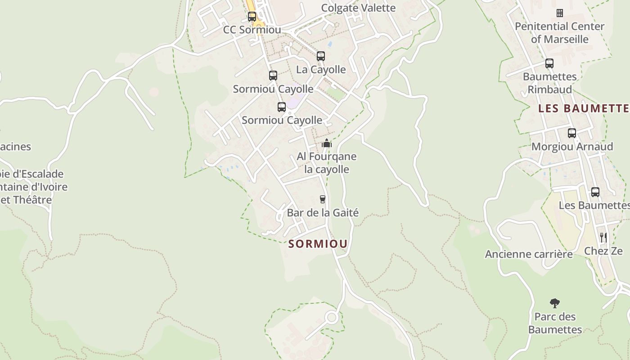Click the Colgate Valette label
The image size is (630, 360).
(x=358, y=8)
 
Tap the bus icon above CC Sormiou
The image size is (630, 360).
(x=252, y=17)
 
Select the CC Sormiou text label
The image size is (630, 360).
(x=252, y=30)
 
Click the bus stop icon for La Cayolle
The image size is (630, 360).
(x=321, y=56)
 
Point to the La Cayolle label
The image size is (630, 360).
(x=321, y=69)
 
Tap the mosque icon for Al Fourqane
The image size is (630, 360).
(x=327, y=144)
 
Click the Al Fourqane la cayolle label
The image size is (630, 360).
(x=327, y=163)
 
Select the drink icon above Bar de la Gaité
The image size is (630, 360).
(x=322, y=199)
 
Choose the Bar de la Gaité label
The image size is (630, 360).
(x=323, y=212)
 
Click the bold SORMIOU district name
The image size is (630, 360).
(x=318, y=244)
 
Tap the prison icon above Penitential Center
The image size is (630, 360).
(x=560, y=13)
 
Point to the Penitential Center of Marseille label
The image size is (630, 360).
(x=560, y=32)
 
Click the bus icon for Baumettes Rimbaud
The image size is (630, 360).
(x=549, y=63)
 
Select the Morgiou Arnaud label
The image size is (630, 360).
(x=572, y=146)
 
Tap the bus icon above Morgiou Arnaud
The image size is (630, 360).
(x=572, y=133)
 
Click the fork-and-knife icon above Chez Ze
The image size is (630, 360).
(x=603, y=238)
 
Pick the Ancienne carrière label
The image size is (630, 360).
(x=529, y=254)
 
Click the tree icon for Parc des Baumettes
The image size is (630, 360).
(x=555, y=303)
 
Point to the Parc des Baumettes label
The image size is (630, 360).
(x=555, y=323)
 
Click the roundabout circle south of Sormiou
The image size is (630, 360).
(x=332, y=318)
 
